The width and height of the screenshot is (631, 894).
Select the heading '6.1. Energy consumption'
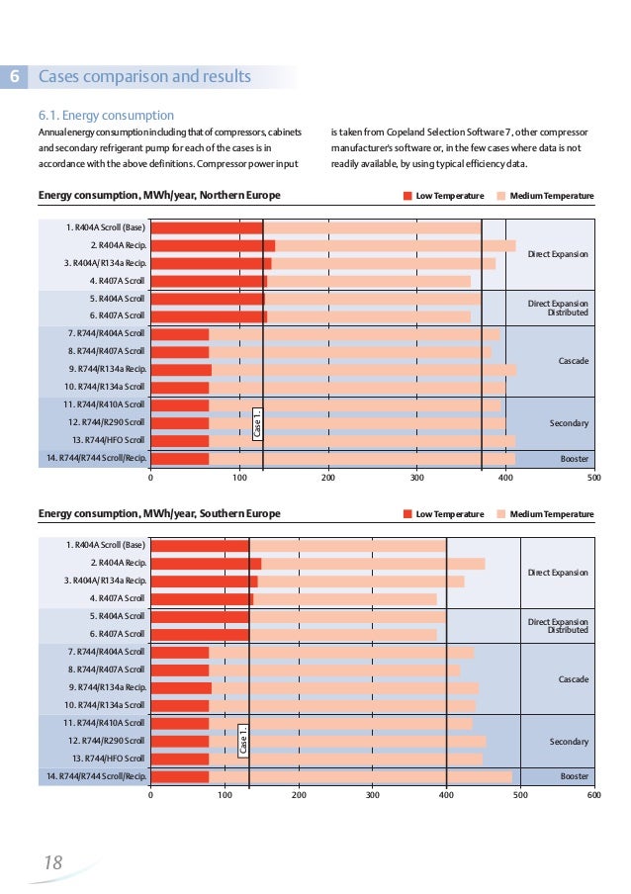[106, 116]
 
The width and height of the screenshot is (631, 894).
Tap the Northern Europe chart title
[159, 195]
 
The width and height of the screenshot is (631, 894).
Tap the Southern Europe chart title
[159, 513]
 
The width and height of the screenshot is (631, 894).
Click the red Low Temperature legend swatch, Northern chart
[407, 196]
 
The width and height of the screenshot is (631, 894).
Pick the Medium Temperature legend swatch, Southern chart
[500, 514]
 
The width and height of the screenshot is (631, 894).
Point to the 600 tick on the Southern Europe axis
[593, 794]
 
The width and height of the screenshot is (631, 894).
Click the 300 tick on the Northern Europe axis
[416, 477]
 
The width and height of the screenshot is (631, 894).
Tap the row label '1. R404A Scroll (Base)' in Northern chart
[106, 227]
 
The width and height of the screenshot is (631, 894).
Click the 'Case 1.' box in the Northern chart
[257, 424]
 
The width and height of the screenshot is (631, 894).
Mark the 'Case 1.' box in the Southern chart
[243, 742]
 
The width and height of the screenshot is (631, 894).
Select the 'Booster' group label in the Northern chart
[575, 459]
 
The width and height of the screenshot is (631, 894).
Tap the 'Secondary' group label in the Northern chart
[569, 423]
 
